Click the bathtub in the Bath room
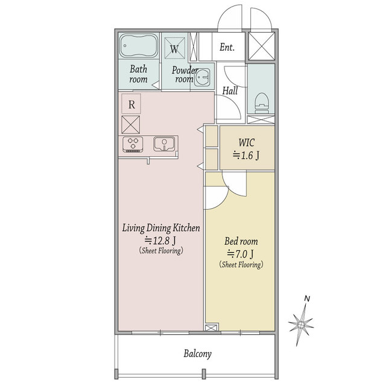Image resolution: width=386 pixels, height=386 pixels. pyautogui.click(x=139, y=46)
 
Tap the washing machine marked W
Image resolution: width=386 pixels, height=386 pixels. pyautogui.click(x=174, y=48)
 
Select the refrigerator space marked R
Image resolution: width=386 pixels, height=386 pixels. pyautogui.click(x=131, y=104)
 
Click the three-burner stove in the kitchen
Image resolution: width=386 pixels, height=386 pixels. pyautogui.click(x=133, y=144)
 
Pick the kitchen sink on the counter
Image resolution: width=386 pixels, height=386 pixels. pyautogui.click(x=164, y=144)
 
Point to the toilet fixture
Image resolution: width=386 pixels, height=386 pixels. pyautogui.click(x=261, y=103)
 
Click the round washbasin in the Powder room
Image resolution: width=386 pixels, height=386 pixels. pyautogui.click(x=202, y=77)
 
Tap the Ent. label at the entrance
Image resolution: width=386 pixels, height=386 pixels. pyautogui.click(x=227, y=47)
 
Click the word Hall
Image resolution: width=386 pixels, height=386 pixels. pyautogui.click(x=230, y=90)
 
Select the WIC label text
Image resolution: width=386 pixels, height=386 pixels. pyautogui.click(x=247, y=143)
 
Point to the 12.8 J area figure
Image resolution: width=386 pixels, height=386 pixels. pyautogui.click(x=160, y=240)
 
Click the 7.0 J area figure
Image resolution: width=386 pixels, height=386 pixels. pyautogui.click(x=240, y=254)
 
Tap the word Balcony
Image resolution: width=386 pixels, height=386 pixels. pyautogui.click(x=197, y=354)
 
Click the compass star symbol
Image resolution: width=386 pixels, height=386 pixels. pyautogui.click(x=301, y=325)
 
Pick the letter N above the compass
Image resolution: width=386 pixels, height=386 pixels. pyautogui.click(x=307, y=299)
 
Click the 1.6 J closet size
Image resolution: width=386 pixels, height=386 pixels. pyautogui.click(x=246, y=156)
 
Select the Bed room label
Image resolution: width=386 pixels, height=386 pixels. pyautogui.click(x=241, y=241)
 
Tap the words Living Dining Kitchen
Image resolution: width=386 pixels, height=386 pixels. pyautogui.click(x=161, y=228)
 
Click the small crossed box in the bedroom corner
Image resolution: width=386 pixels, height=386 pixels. pyautogui.click(x=212, y=327)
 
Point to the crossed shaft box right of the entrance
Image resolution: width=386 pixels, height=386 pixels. pyautogui.click(x=261, y=46)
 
